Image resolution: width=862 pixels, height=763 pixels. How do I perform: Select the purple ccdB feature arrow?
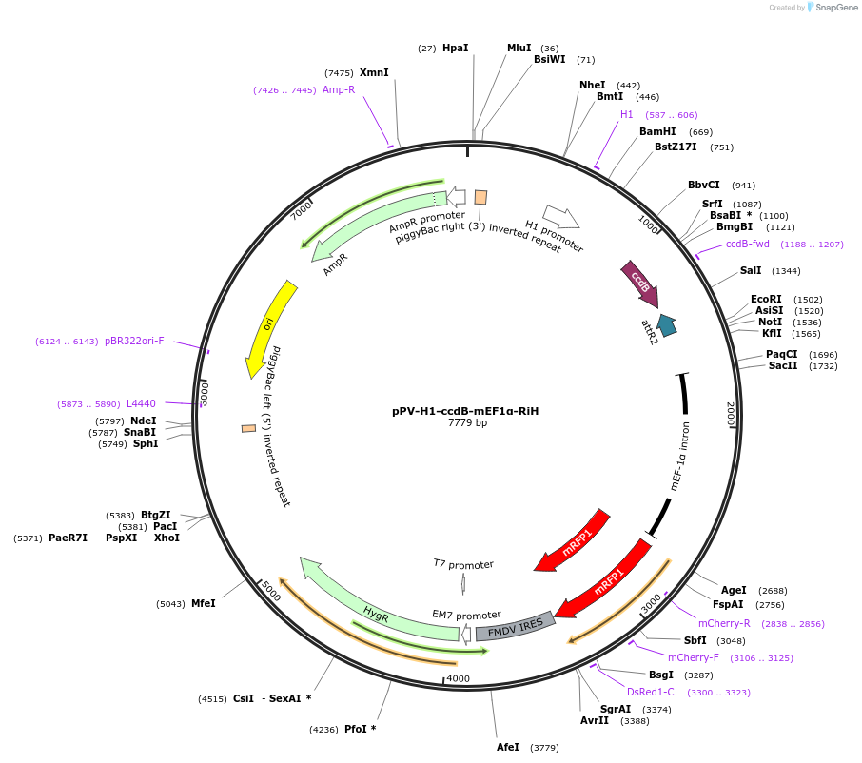pyautogui.click(x=639, y=284)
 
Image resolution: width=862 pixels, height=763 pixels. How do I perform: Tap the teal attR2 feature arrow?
pyautogui.click(x=666, y=326)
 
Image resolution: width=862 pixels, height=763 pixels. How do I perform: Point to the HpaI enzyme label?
pyautogui.click(x=456, y=48)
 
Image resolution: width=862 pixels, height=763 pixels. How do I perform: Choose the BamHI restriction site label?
pyautogui.click(x=657, y=131)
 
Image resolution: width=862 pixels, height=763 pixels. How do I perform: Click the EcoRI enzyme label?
pyautogui.click(x=767, y=299)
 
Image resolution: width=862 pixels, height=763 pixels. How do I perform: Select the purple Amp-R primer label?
pyautogui.click(x=339, y=89)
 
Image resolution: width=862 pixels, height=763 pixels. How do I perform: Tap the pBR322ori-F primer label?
pyautogui.click(x=134, y=341)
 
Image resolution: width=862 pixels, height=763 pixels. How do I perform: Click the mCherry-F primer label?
pyautogui.click(x=694, y=657)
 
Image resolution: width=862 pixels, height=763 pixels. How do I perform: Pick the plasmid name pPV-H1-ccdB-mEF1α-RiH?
pyautogui.click(x=465, y=411)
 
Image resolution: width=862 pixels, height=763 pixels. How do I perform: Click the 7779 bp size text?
pyautogui.click(x=467, y=423)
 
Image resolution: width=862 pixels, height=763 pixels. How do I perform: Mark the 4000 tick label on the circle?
pyautogui.click(x=458, y=678)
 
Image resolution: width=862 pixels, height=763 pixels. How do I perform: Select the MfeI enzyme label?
pyautogui.click(x=204, y=603)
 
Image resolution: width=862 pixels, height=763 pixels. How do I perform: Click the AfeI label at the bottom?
pyautogui.click(x=508, y=747)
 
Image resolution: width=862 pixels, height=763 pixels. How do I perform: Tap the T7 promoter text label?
pyautogui.click(x=463, y=564)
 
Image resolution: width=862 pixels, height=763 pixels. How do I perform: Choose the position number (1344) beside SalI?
pyautogui.click(x=786, y=271)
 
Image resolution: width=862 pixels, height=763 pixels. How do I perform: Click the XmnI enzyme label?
pyautogui.click(x=374, y=72)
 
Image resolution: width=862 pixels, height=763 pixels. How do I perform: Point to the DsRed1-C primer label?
pyautogui.click(x=651, y=692)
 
